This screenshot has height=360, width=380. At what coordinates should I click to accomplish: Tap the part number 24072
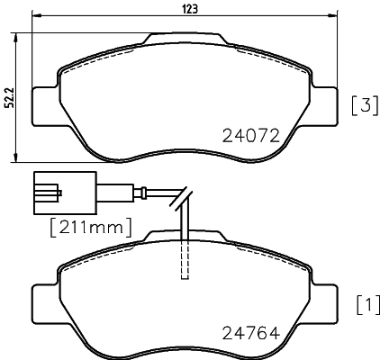point(252,137)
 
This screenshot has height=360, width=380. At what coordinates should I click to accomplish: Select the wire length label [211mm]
point(79,225)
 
